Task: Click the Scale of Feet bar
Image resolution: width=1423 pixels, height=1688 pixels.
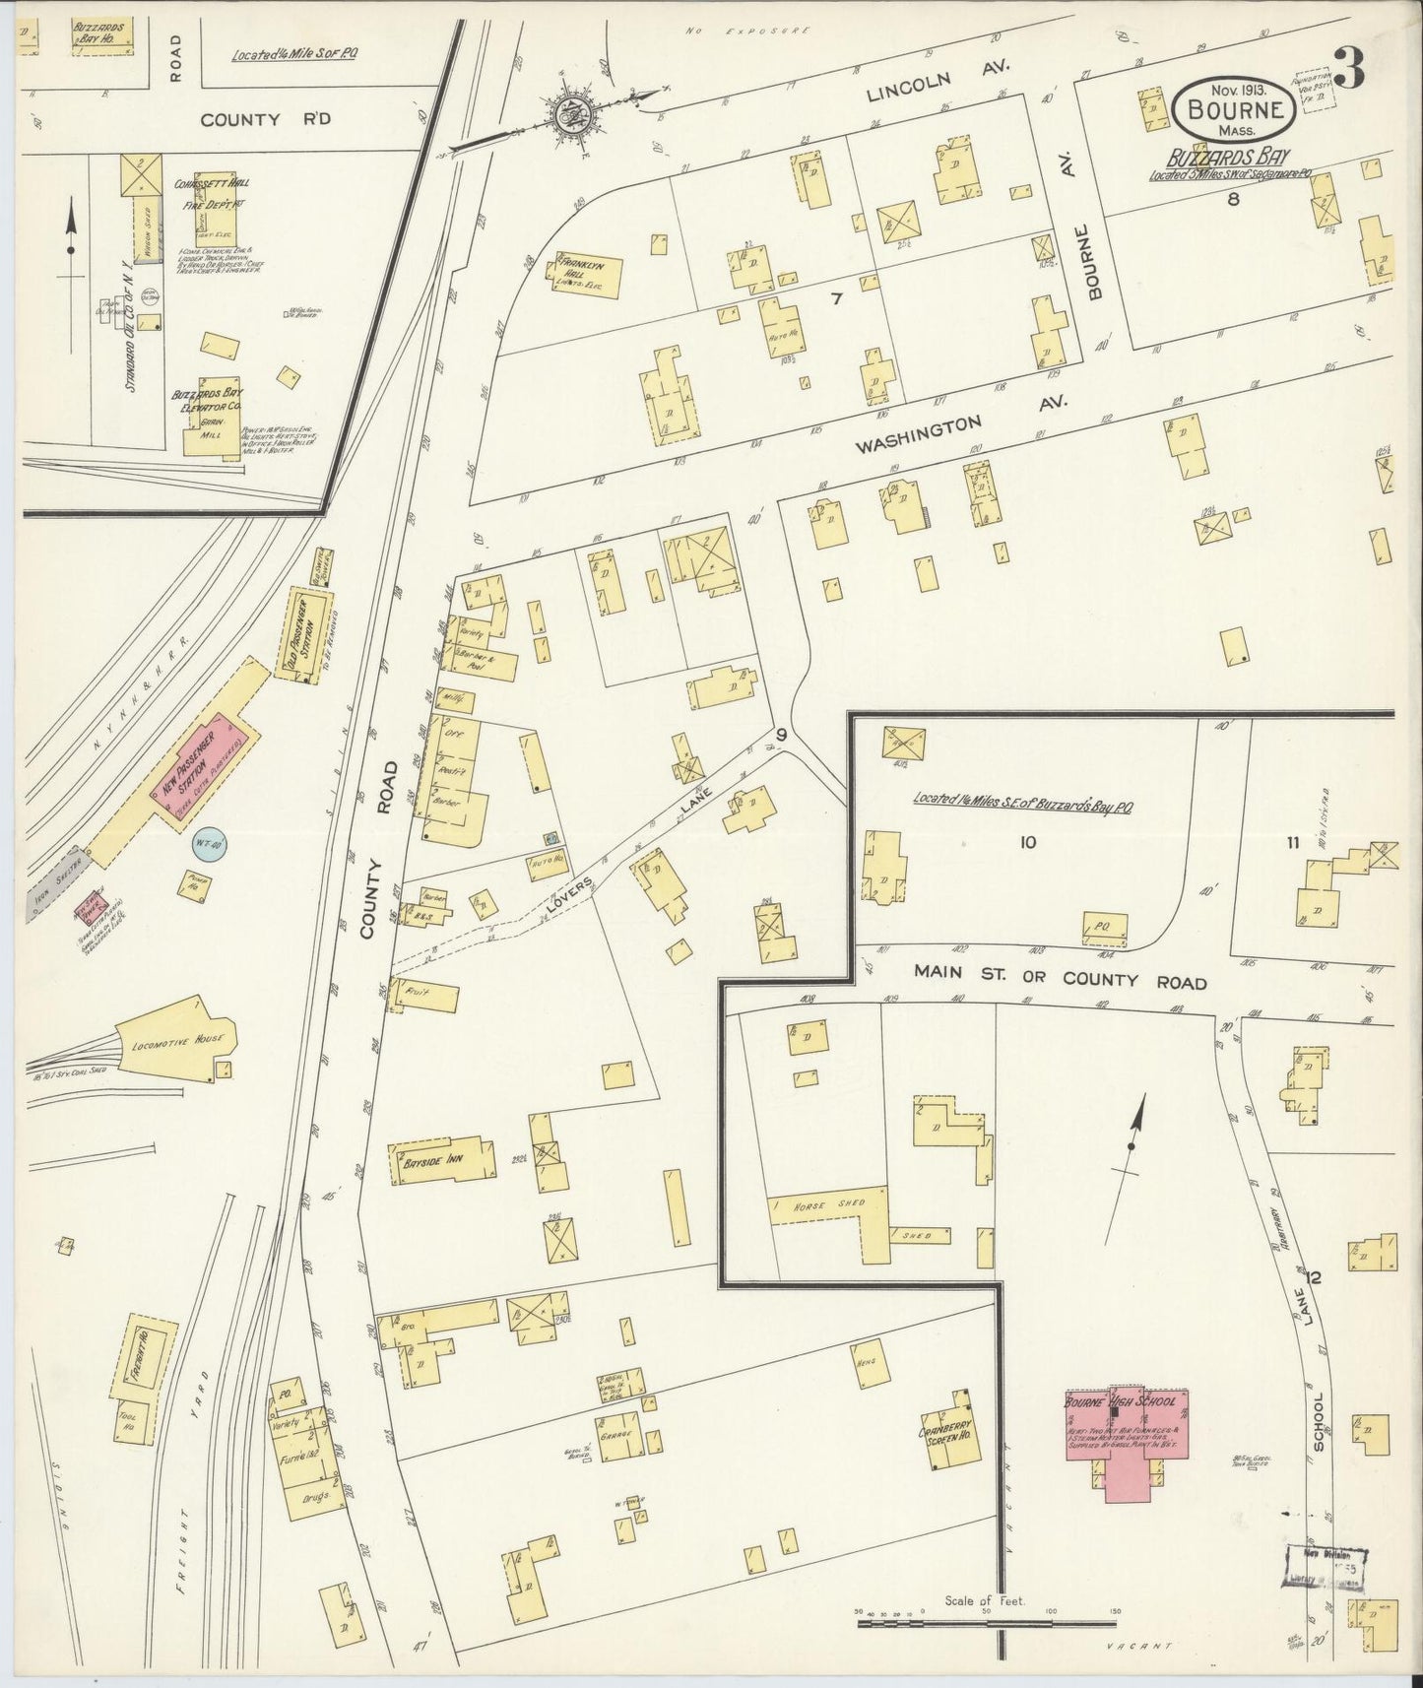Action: pos(987,1622)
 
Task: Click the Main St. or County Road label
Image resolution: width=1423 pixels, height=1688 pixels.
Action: pos(1059,980)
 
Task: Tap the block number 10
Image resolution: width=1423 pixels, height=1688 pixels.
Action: pos(1028,842)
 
